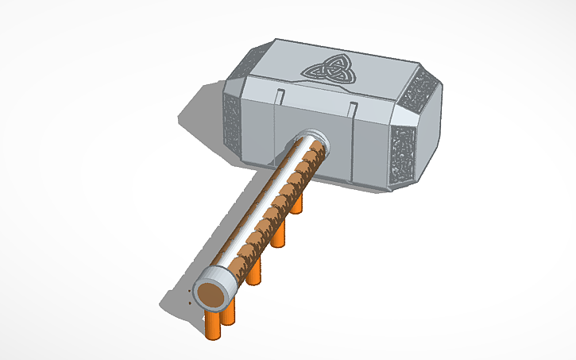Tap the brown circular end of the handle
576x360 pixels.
pyautogui.click(x=210, y=296)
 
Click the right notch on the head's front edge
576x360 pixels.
pyautogui.click(x=352, y=107)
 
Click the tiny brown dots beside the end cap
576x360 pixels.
pyautogui.click(x=189, y=301)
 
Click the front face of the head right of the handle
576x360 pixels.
pyautogui.click(x=361, y=151)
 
